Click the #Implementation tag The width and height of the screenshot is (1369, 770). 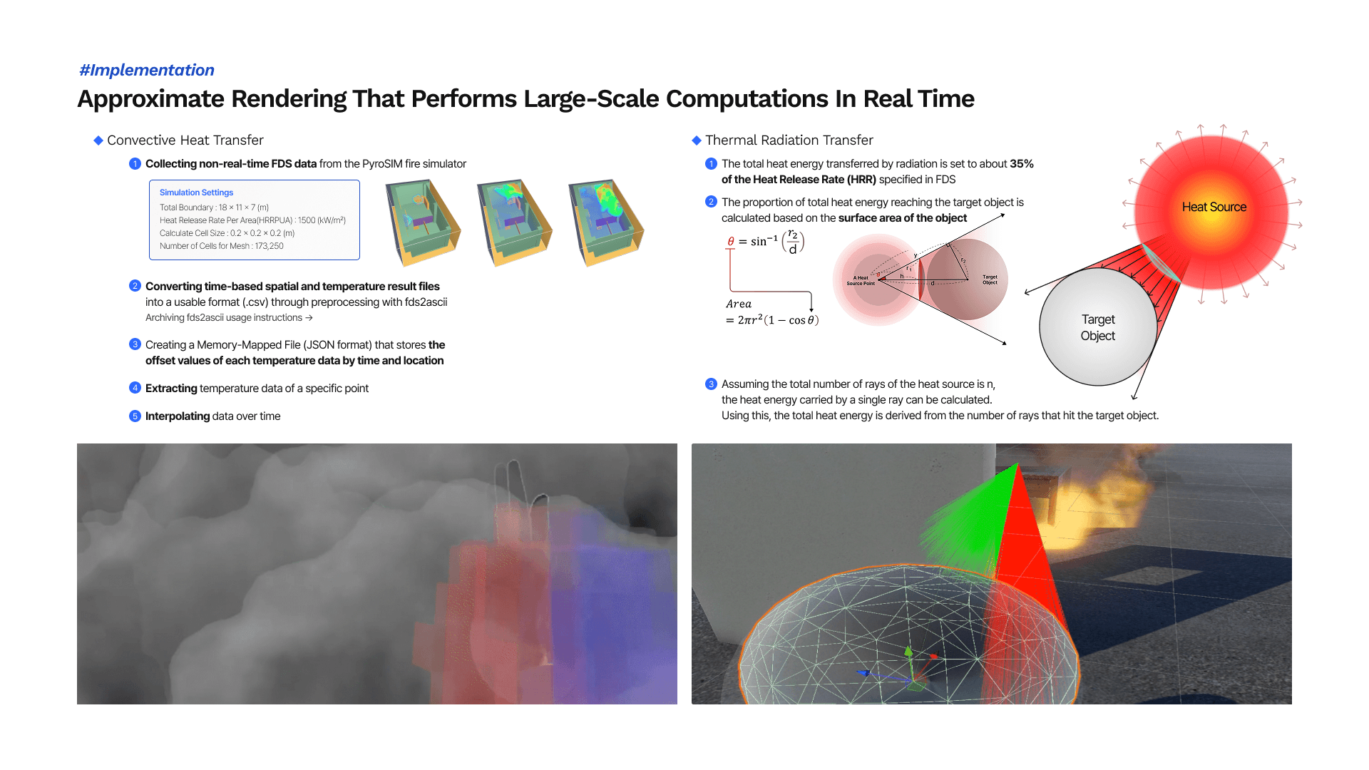pos(146,70)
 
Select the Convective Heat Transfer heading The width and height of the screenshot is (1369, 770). pos(185,140)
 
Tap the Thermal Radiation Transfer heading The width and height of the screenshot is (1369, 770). pos(789,140)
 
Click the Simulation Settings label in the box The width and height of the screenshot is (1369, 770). pos(196,192)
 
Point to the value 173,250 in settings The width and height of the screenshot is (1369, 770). pos(269,246)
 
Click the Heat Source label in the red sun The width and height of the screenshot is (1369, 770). pos(1214,207)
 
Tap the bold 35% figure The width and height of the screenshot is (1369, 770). pos(1021,164)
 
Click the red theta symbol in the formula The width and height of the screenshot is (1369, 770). pos(730,242)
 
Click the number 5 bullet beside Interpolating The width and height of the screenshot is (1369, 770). pos(135,416)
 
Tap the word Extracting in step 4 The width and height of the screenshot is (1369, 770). pos(171,389)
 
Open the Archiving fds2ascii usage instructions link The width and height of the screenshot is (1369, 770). pos(229,318)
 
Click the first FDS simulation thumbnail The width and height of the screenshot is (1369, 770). pos(423,222)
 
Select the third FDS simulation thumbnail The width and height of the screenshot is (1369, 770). pos(606,222)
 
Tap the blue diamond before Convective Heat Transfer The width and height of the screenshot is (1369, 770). pos(98,140)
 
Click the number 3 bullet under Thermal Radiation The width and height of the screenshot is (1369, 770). pos(711,384)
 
